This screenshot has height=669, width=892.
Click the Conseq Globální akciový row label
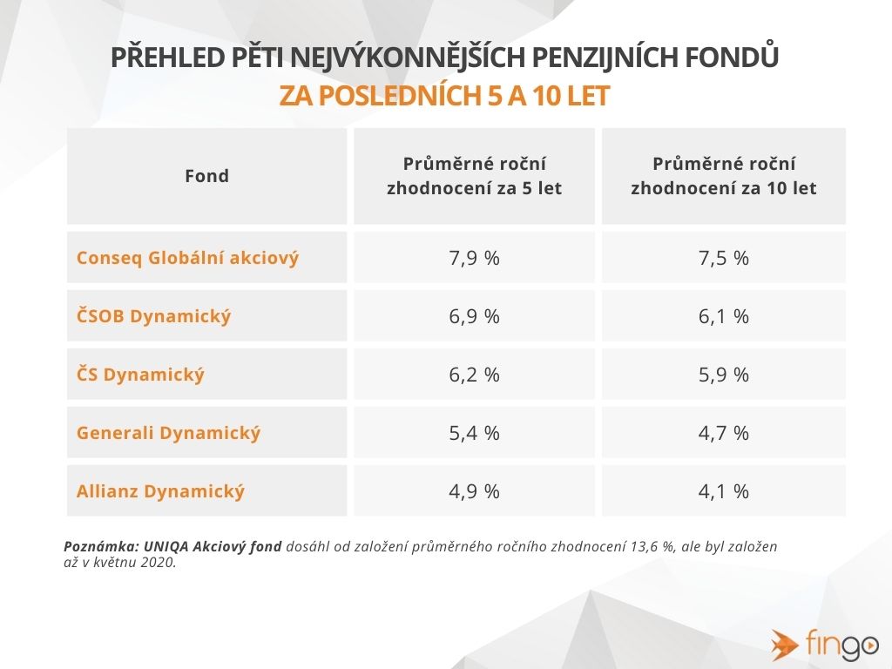[187, 259]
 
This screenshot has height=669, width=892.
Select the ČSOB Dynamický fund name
[154, 316]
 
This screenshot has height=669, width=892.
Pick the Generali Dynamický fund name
[168, 433]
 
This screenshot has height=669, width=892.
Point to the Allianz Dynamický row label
[160, 491]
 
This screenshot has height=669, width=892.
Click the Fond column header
[206, 176]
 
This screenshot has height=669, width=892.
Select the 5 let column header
[474, 176]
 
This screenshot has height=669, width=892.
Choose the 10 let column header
[723, 176]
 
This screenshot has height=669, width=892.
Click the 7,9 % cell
[474, 259]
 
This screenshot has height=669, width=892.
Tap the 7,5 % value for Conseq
[723, 259]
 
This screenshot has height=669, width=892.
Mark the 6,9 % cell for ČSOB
[474, 316]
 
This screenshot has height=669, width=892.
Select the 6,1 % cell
[723, 316]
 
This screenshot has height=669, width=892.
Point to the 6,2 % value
[474, 375]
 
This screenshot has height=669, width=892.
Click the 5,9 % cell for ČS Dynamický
[723, 375]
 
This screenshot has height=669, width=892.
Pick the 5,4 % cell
[474, 433]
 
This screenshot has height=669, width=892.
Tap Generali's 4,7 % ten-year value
[723, 433]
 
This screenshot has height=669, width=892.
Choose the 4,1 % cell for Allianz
[723, 491]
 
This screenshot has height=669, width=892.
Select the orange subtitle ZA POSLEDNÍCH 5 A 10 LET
[444, 96]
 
